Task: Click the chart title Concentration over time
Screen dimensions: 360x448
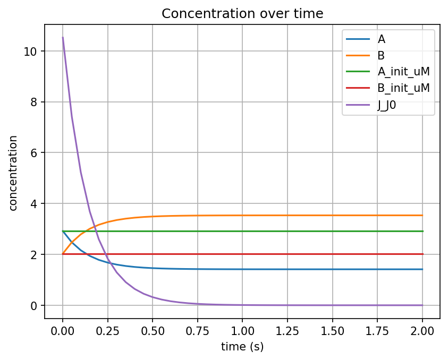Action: point(242,14)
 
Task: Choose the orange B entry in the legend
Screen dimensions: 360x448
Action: point(381,55)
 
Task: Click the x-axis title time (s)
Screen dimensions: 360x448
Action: point(242,347)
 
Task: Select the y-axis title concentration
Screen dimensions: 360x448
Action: point(13,173)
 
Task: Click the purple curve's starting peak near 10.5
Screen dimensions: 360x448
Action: point(63,38)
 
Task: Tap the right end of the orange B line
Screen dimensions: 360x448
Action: point(422,215)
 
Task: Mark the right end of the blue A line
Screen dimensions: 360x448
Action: point(422,269)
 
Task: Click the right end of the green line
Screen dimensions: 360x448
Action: point(422,231)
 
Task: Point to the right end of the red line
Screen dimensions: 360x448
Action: point(422,254)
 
